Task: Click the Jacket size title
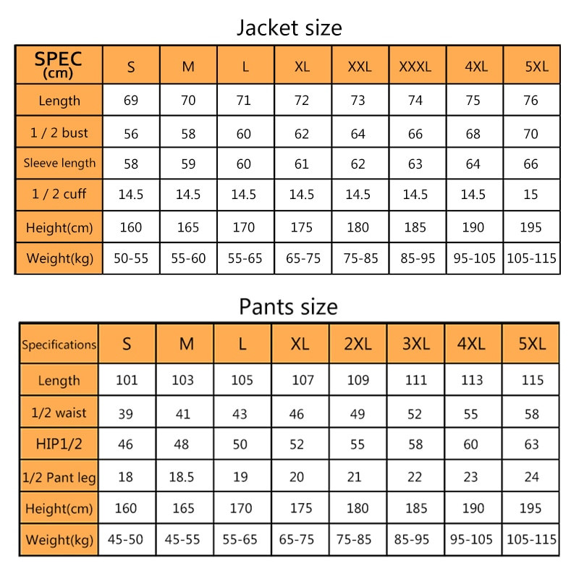289,28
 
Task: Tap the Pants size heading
288,307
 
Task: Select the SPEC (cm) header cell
59,64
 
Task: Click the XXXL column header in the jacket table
415,67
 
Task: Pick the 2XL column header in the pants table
358,344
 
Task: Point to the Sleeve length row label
59,163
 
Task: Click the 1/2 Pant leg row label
59,477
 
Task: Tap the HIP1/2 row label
59,444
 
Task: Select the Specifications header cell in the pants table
59,345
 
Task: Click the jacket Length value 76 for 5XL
531,101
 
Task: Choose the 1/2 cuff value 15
531,195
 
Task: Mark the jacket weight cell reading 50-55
131,258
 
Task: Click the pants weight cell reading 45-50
126,539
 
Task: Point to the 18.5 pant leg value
186,477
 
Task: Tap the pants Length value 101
126,380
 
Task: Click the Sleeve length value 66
531,164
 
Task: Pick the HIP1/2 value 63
531,444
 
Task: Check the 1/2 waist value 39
126,413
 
